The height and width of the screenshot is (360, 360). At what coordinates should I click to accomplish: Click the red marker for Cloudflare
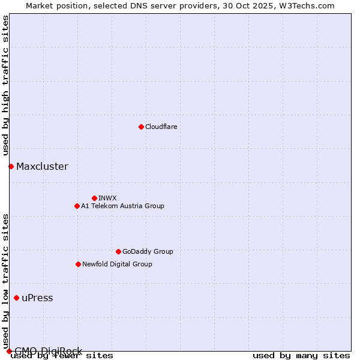click(x=141, y=127)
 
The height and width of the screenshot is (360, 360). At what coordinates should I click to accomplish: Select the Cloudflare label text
click(x=161, y=127)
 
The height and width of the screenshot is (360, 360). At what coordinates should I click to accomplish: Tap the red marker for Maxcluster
click(x=11, y=166)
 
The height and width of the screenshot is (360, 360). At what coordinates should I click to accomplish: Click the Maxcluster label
click(x=42, y=166)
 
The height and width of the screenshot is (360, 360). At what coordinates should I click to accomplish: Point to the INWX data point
click(x=94, y=198)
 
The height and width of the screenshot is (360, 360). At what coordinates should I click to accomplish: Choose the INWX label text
click(x=107, y=198)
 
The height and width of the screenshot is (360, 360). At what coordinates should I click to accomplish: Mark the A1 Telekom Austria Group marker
click(x=77, y=206)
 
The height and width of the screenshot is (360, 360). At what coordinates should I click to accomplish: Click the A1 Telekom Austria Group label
click(x=122, y=206)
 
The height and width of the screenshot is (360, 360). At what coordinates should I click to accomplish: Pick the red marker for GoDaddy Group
click(x=118, y=251)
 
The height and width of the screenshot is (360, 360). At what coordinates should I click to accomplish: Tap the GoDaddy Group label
click(x=147, y=251)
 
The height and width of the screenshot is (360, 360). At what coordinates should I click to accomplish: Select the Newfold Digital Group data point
click(x=78, y=264)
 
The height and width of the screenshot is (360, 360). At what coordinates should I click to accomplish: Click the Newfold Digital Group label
click(x=117, y=264)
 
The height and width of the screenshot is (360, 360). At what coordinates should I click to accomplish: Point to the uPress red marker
click(x=16, y=298)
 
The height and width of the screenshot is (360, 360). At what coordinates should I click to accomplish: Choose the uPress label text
click(x=37, y=298)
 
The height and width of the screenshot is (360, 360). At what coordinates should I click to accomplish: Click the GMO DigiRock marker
click(x=9, y=351)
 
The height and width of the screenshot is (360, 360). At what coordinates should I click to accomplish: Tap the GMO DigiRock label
click(x=48, y=351)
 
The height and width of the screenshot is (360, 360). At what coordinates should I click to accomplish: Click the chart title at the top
click(x=180, y=5)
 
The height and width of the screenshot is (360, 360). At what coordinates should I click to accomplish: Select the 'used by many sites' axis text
click(x=301, y=356)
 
